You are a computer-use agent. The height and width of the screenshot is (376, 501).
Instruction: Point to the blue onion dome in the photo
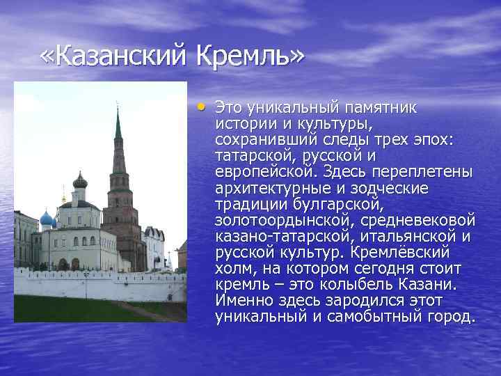pos(47,219)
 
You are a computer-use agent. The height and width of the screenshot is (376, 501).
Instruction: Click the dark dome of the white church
pos(80,181)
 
